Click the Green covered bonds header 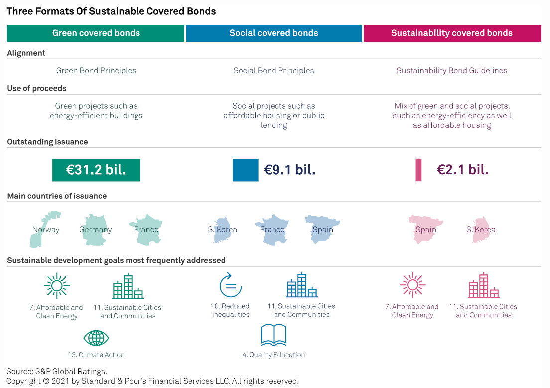(96, 34)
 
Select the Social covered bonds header (274, 34)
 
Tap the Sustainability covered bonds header (452, 34)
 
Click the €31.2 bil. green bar (96, 170)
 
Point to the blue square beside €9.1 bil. (245, 170)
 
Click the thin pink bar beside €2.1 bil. (418, 170)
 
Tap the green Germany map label (95, 230)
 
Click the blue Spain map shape (323, 229)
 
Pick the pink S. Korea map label (481, 230)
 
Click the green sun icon (56, 286)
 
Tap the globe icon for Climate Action (96, 338)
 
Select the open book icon (274, 335)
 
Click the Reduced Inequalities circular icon (230, 285)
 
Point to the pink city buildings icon (483, 286)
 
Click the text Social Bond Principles (274, 71)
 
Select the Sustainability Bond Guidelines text (451, 71)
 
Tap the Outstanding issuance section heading (47, 142)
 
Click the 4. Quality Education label (274, 355)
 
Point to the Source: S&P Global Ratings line (57, 371)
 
